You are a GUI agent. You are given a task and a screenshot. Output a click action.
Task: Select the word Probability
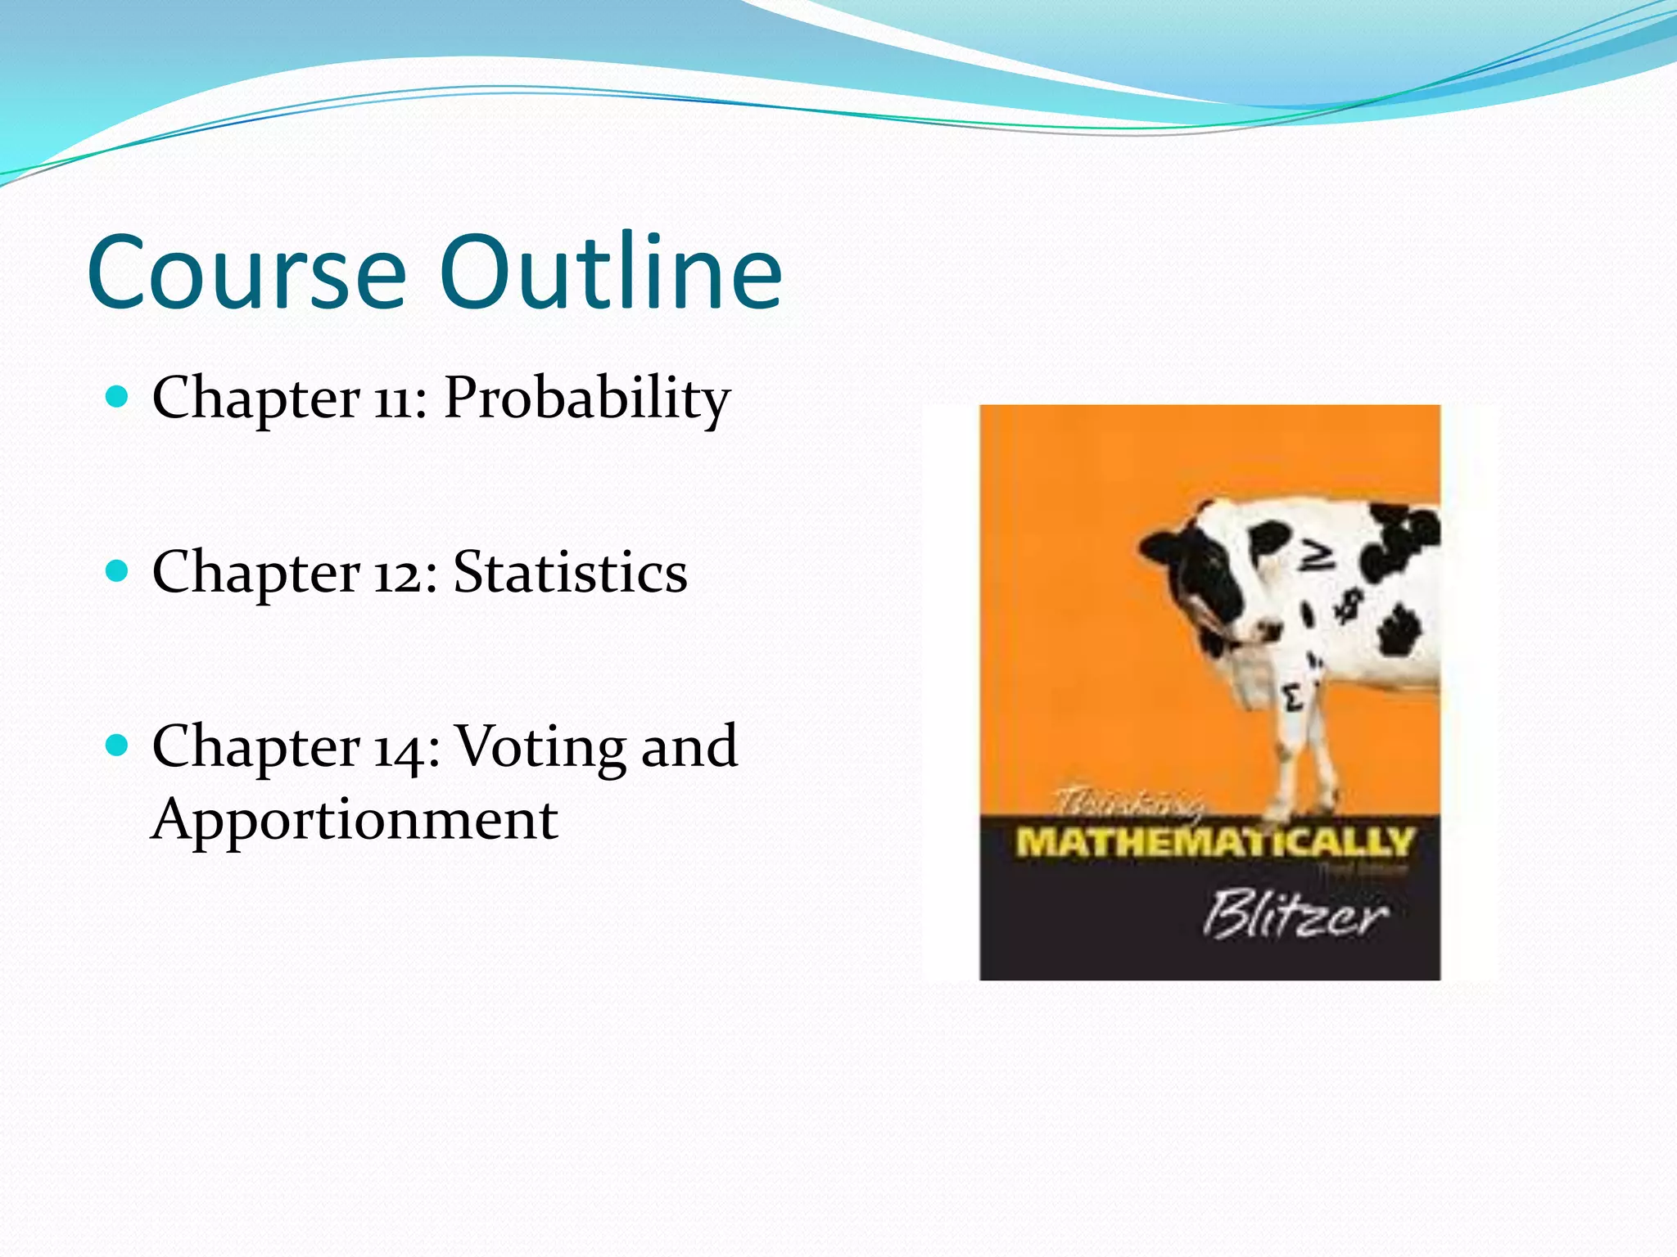(586, 399)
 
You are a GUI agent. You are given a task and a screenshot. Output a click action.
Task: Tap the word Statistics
(570, 573)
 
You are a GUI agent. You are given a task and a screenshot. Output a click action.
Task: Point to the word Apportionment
(355, 820)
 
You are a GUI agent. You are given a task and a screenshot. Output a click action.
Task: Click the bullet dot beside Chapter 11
(118, 398)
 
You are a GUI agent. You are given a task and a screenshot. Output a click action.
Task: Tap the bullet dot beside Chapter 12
(118, 571)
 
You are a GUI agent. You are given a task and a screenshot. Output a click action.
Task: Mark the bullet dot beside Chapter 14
(118, 746)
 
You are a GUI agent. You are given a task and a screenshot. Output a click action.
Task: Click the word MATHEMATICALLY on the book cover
(1214, 842)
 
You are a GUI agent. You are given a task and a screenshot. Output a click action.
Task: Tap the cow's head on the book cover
(1200, 581)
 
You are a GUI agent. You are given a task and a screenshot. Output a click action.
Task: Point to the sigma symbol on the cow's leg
(1293, 700)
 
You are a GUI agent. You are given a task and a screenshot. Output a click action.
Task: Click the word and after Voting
(689, 747)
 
